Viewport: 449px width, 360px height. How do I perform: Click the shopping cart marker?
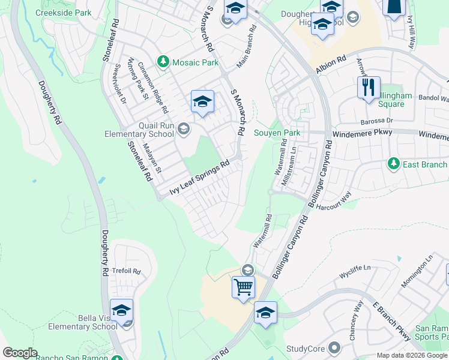coord(243,287)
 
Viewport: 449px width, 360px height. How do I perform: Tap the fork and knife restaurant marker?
coord(368,88)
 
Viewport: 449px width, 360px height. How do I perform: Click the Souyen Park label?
coord(277,133)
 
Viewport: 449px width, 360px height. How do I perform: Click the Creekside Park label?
coord(63,13)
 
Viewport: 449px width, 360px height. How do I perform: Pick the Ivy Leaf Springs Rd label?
coord(200,178)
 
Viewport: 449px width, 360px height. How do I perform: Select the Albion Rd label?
coord(333,64)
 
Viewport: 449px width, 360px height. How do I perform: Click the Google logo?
coord(20,353)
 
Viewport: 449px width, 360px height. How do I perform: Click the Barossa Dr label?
coord(376,121)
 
